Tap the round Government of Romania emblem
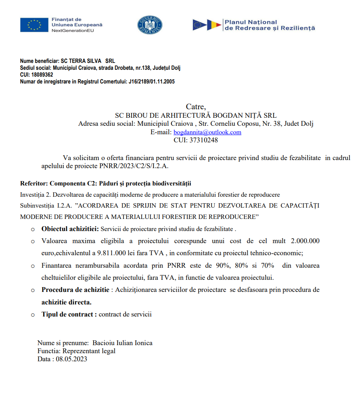[149, 25]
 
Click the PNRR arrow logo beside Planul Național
[207, 25]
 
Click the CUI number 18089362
[42, 75]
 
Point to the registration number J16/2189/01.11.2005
[151, 81]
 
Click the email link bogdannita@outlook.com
[207, 132]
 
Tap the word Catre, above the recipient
[196, 107]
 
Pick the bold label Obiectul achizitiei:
[70, 229]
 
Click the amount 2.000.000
[305, 241]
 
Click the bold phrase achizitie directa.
[66, 302]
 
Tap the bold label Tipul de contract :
[69, 314]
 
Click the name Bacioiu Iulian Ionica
[122, 343]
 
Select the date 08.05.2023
[71, 359]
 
